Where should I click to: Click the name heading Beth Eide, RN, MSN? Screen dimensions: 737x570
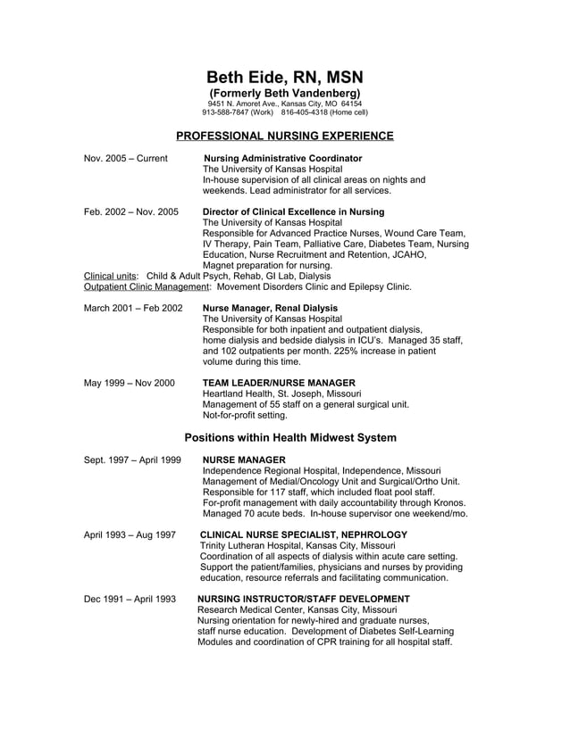[284, 78]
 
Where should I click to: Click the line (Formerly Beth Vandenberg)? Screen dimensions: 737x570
[284, 94]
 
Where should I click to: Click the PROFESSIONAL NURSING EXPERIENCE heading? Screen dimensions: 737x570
[284, 136]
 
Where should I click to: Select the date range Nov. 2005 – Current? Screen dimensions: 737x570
[125, 159]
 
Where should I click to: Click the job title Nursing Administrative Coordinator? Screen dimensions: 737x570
[283, 159]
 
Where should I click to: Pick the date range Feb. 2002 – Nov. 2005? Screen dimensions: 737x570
[130, 212]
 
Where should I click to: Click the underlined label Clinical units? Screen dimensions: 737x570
[111, 277]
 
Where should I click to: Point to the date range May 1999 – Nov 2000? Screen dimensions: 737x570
[130, 383]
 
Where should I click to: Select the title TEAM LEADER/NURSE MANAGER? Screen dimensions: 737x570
[279, 383]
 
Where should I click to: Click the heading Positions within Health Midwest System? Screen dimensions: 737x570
[289, 437]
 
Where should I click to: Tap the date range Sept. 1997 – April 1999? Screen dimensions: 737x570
[132, 460]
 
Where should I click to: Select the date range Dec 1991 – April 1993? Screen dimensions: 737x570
[130, 599]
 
